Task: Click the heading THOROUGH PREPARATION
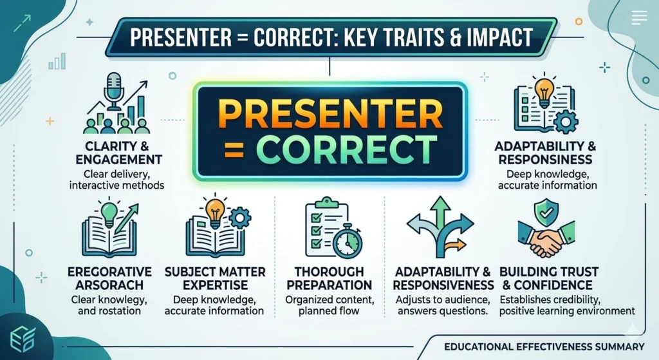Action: point(329,278)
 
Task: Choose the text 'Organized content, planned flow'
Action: point(329,305)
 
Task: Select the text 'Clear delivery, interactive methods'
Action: point(117,179)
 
